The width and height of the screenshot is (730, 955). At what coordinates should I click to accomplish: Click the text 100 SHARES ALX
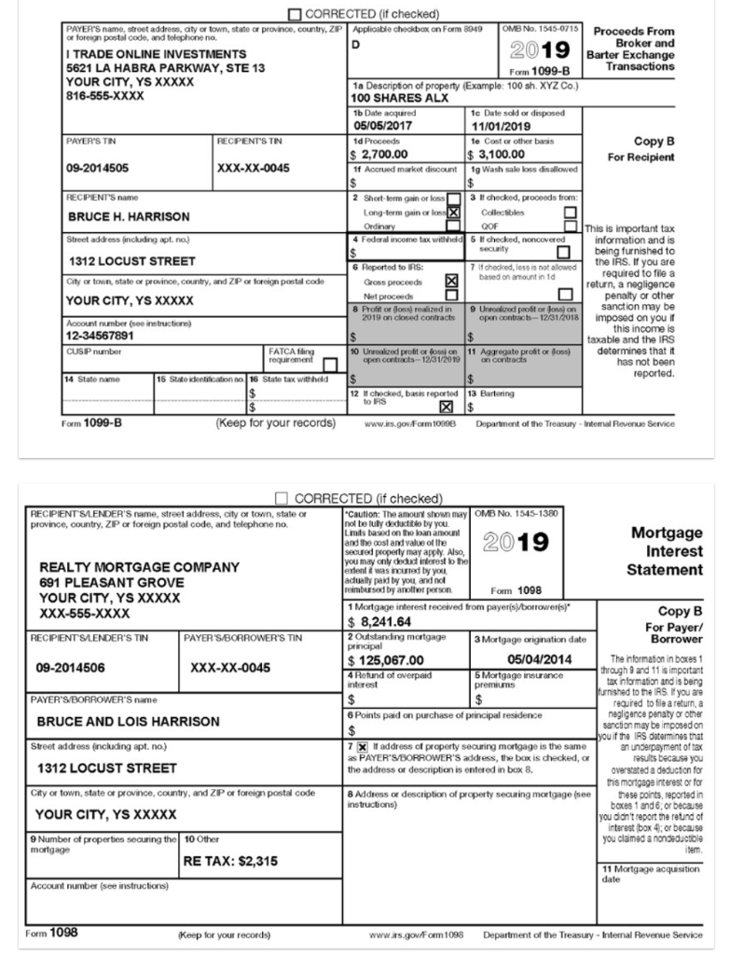pyautogui.click(x=401, y=97)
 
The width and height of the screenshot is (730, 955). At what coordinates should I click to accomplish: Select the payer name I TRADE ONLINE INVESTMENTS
pyautogui.click(x=157, y=55)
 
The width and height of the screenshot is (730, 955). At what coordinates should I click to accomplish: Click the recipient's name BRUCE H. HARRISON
pyautogui.click(x=130, y=216)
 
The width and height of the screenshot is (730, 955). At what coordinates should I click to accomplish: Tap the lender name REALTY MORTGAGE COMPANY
pyautogui.click(x=139, y=566)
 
